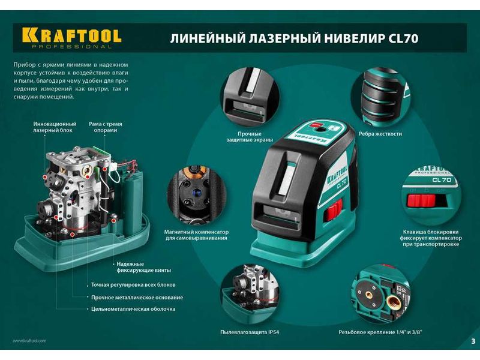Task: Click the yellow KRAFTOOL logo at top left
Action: [x=71, y=35]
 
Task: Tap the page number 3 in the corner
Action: [x=473, y=341]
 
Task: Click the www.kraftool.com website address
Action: [x=29, y=340]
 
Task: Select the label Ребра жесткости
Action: [x=380, y=134]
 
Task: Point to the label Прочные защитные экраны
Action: [x=250, y=137]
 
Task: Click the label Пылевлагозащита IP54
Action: [x=250, y=332]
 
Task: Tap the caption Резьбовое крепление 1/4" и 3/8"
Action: [x=380, y=332]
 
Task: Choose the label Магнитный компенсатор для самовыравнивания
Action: [x=196, y=235]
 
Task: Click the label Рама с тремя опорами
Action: [x=106, y=127]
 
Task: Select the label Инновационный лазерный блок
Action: [x=55, y=127]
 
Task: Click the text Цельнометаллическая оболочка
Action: [x=133, y=309]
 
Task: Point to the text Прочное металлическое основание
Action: [x=137, y=297]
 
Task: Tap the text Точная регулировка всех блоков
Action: [x=133, y=284]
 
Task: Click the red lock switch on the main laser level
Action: [x=333, y=209]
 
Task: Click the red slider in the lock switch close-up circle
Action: [x=421, y=200]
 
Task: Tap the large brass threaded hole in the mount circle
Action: [x=393, y=304]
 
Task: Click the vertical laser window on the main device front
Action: [x=287, y=178]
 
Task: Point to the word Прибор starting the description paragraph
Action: [x=22, y=65]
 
